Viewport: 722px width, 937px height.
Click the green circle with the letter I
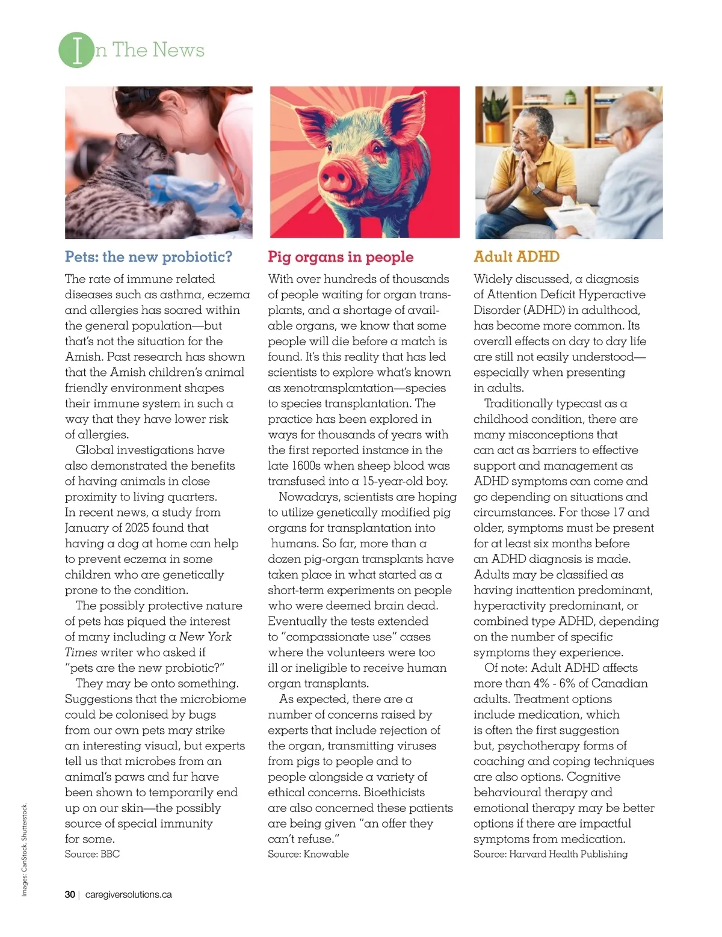[x=76, y=51]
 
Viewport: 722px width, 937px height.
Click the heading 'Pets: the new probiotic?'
[x=149, y=257]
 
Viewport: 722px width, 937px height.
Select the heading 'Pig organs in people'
[x=341, y=257]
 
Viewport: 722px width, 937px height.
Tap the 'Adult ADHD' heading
[x=516, y=257]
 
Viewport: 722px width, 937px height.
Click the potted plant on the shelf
[x=494, y=120]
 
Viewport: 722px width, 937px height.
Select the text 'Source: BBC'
[x=92, y=854]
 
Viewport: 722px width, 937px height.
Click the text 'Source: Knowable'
[x=308, y=854]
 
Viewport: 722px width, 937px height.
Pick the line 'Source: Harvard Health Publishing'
[x=551, y=854]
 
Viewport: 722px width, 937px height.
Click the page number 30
[x=70, y=895]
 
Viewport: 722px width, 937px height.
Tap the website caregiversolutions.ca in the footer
[x=129, y=895]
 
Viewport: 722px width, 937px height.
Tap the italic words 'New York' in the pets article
[x=205, y=637]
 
